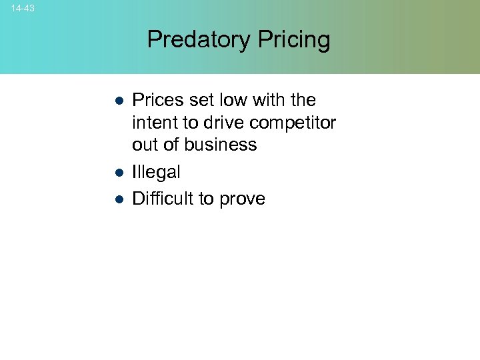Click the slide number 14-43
pos(23,9)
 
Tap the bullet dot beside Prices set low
pos(117,101)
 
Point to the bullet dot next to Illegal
pos(117,173)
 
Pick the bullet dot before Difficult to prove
pos(117,199)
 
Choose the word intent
pos(154,123)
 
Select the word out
pos(144,145)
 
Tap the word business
pos(221,145)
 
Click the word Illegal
pos(156,172)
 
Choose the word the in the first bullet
pos(303,100)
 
